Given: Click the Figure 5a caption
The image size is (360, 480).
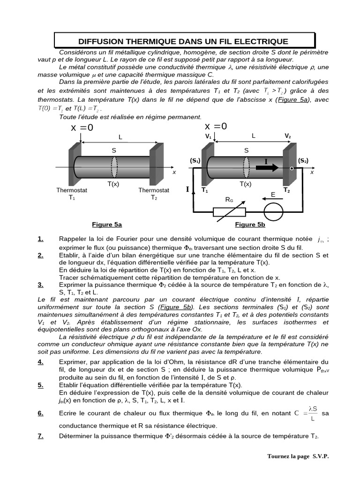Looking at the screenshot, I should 107,225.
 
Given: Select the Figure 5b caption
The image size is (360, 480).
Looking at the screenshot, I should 250,225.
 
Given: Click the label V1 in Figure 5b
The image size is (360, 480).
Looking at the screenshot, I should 208,136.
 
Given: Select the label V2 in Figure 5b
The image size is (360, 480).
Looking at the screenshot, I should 287,136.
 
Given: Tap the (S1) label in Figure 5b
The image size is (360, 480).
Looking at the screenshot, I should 195,161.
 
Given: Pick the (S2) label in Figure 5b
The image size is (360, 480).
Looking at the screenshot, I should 303,160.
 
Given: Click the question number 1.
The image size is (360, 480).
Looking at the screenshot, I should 41,239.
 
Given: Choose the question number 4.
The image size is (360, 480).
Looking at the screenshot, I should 41,361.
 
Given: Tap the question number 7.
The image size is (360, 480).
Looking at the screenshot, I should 41,436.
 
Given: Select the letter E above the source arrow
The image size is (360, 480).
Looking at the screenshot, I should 273,195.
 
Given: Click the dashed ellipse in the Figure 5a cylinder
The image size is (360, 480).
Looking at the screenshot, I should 114,166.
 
